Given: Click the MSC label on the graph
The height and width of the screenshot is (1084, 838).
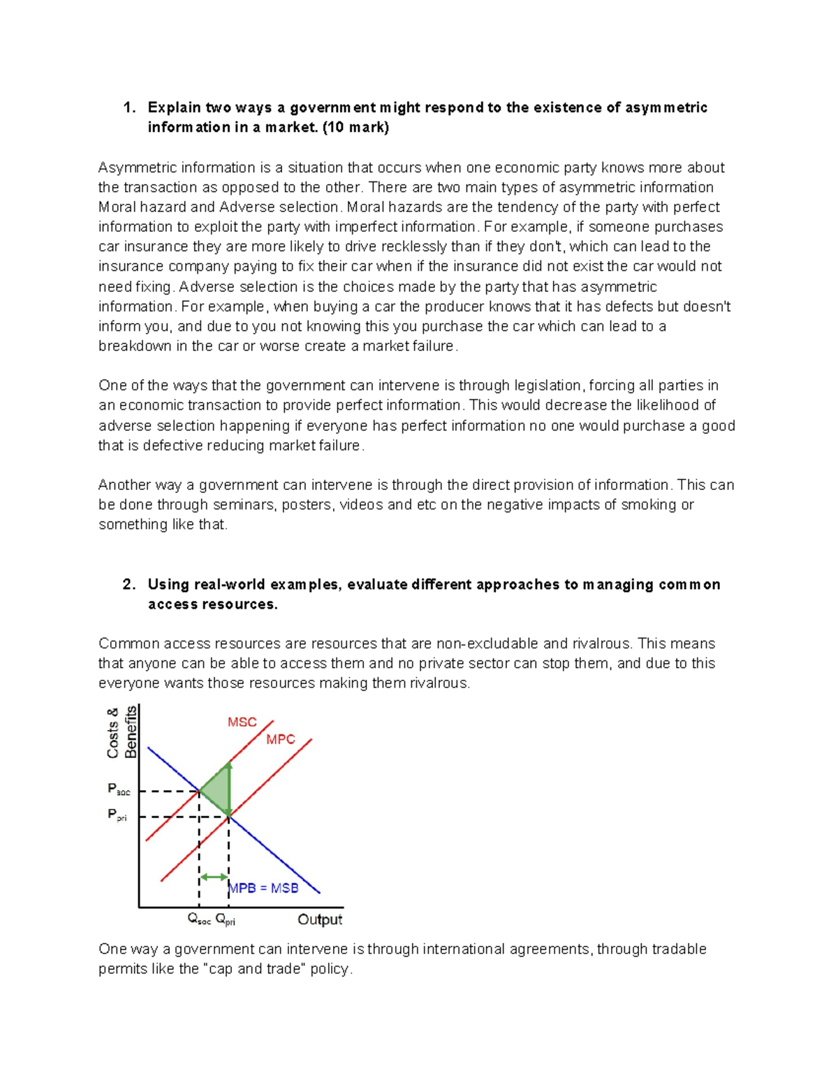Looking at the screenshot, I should coord(242,722).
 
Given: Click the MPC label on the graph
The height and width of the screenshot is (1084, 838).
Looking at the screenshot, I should coord(281,739).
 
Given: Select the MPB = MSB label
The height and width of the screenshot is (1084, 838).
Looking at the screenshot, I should coord(265,888).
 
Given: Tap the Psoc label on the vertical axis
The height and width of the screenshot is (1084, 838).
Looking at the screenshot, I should coord(119,789).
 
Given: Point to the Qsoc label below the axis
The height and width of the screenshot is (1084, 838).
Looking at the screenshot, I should coord(199,920).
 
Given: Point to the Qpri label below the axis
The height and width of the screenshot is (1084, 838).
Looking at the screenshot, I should coord(226,920).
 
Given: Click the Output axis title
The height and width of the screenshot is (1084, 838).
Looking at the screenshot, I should coord(320,919).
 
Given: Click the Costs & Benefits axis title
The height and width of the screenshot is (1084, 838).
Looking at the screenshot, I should coord(122,732).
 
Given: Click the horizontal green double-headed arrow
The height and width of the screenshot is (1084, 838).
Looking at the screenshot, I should coord(214,877).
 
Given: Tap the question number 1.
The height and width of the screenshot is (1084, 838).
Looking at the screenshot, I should coord(128,107).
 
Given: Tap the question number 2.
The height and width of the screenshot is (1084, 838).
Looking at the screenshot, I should coord(128,584).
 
